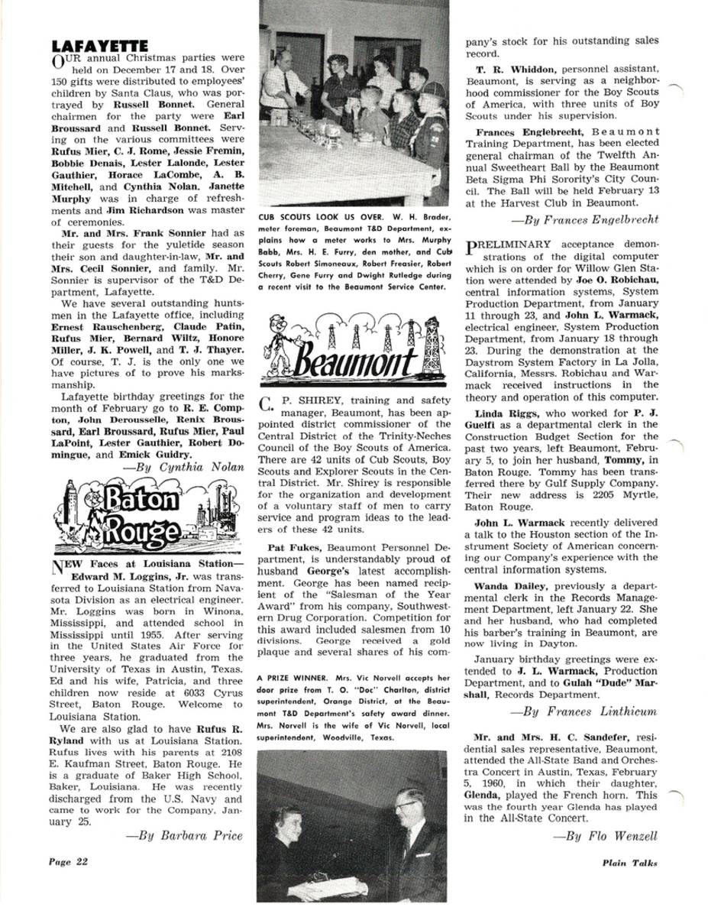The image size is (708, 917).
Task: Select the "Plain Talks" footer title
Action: [x=629, y=863]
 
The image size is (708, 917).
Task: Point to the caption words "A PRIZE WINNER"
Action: [x=290, y=678]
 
